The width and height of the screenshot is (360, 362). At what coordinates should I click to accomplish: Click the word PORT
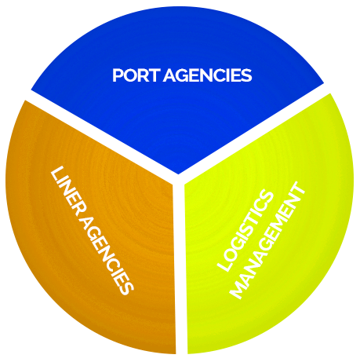click(136, 75)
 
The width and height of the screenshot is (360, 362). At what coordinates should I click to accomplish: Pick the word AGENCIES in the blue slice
click(208, 75)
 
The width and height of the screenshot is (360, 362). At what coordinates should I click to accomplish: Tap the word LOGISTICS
click(245, 230)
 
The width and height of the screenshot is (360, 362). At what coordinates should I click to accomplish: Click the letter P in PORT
click(118, 75)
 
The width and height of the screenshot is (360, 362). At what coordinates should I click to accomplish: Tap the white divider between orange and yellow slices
click(180, 265)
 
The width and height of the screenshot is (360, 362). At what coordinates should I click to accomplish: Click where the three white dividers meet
click(179, 178)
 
